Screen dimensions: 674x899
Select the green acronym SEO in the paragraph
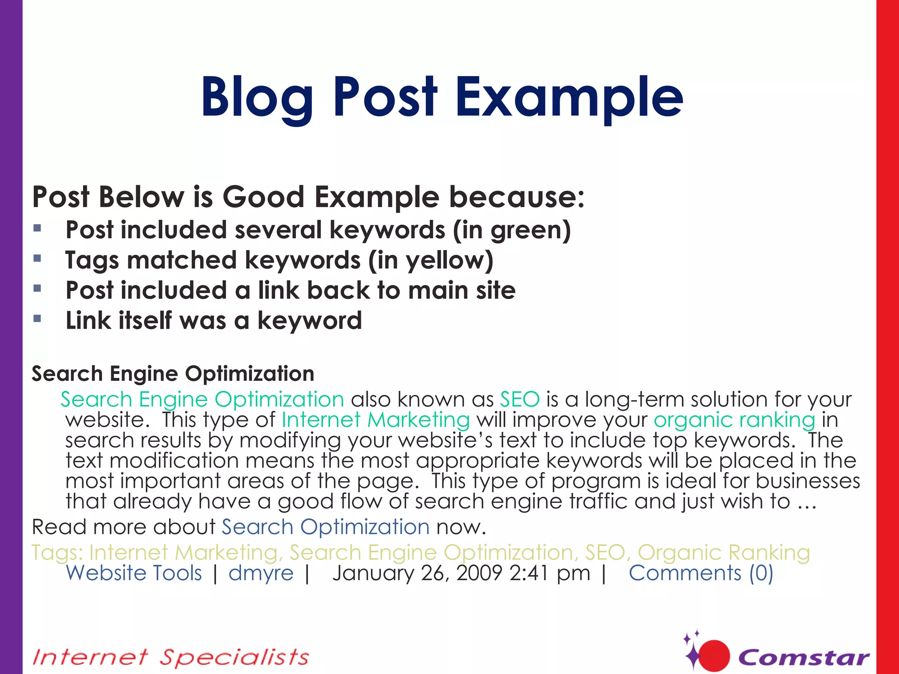[x=520, y=399]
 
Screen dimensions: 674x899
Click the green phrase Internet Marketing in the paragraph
[x=376, y=420]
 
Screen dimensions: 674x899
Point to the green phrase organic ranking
[x=734, y=420]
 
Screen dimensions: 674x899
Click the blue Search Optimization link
[x=325, y=527]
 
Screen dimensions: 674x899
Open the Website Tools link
[x=134, y=573]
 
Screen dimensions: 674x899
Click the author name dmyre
[x=261, y=573]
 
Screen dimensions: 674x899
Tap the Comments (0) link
[x=701, y=573]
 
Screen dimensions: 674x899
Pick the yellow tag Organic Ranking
[x=723, y=552]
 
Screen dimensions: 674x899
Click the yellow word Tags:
[x=57, y=552]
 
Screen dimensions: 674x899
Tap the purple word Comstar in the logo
[x=803, y=657]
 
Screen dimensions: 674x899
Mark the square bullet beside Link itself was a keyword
[x=37, y=319]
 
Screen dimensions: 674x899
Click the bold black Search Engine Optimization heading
[x=173, y=374]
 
